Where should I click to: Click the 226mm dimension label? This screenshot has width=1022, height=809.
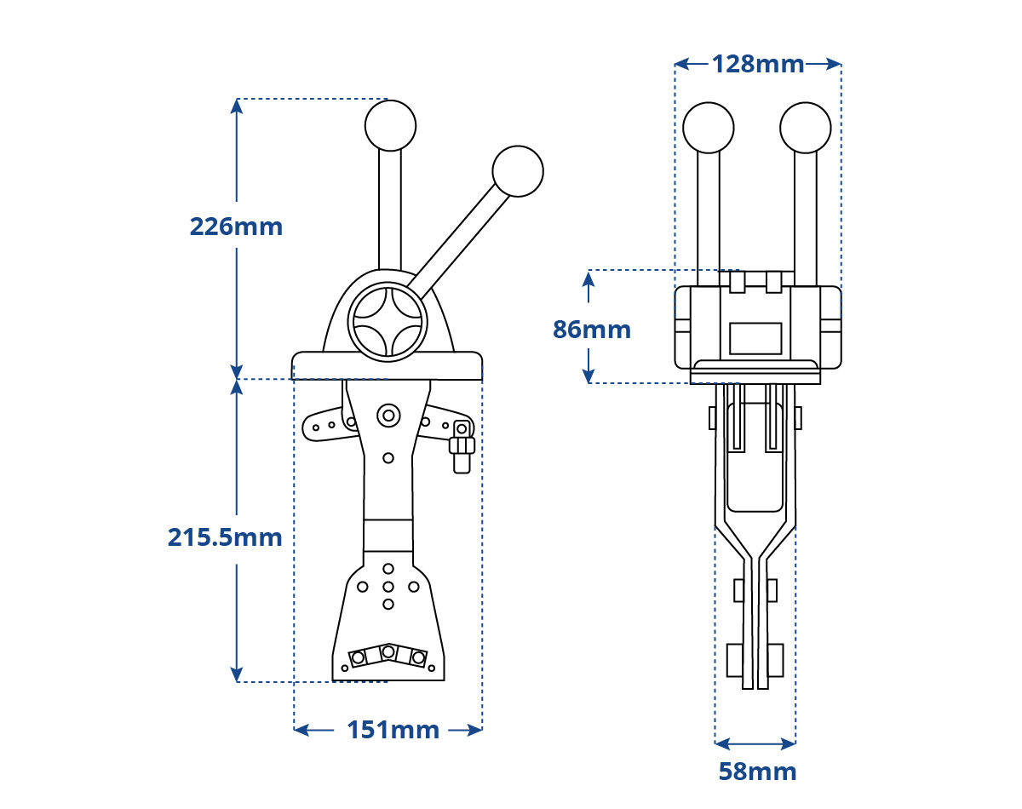[x=236, y=227]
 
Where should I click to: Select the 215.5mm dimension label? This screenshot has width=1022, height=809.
[x=225, y=537]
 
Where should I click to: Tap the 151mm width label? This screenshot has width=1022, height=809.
[x=393, y=730]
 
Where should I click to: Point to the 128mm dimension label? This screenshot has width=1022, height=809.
[x=758, y=64]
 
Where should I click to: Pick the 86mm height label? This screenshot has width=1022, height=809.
[x=592, y=330]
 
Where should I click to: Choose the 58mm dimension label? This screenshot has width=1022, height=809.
[x=757, y=772]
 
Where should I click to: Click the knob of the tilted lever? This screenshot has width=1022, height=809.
[x=518, y=171]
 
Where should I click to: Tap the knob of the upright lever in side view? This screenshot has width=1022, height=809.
[x=390, y=125]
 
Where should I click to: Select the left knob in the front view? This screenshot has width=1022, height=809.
[x=708, y=128]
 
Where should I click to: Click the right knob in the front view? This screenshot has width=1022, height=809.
[x=806, y=128]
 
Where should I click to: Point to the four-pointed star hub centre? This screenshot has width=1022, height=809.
[x=388, y=322]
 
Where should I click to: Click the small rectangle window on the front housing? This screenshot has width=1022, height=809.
[x=755, y=338]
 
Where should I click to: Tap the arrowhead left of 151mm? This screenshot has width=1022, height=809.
[x=302, y=730]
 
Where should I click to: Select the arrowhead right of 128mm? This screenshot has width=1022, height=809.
[x=833, y=64]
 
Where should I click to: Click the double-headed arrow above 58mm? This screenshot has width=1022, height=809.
[x=755, y=743]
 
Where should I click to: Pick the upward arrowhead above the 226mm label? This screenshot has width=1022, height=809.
[x=237, y=106]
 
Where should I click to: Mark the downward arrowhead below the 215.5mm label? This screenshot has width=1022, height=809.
[x=237, y=674]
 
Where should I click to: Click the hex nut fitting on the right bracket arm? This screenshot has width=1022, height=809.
[x=462, y=445]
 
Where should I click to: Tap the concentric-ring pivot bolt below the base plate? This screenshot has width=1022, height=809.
[x=388, y=416]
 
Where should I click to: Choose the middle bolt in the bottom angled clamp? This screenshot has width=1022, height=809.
[x=388, y=651]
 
